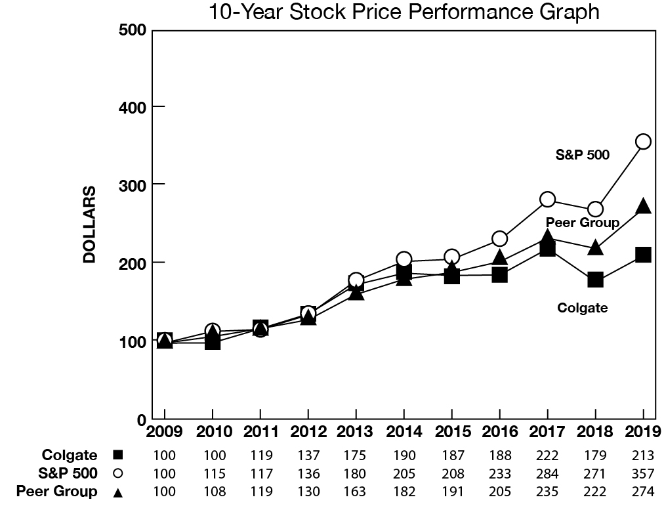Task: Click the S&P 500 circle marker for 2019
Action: pyautogui.click(x=643, y=141)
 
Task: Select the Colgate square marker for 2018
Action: pyautogui.click(x=595, y=279)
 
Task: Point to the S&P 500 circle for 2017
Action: pyautogui.click(x=547, y=199)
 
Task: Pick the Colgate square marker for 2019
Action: pyautogui.click(x=643, y=255)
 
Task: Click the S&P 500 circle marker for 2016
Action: pyautogui.click(x=499, y=238)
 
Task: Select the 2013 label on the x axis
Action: pyautogui.click(x=355, y=432)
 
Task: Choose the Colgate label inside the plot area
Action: pyautogui.click(x=582, y=307)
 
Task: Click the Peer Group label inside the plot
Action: pyautogui.click(x=582, y=223)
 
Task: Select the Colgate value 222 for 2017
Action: pyautogui.click(x=547, y=456)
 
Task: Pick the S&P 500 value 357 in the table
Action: pyautogui.click(x=643, y=473)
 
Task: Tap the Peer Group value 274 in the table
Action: pyautogui.click(x=643, y=491)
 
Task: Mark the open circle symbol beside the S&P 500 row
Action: pyautogui.click(x=118, y=473)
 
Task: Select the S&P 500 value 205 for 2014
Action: pyautogui.click(x=403, y=473)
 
